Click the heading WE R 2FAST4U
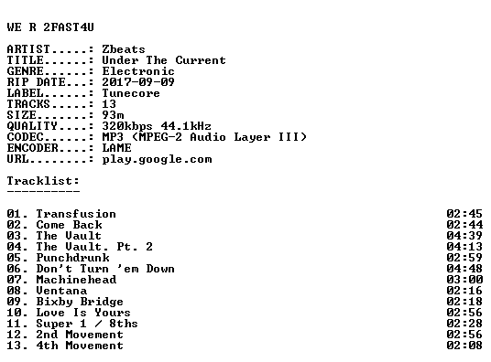pos(50,27)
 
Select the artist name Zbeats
pos(124,49)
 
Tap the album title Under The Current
pos(164,60)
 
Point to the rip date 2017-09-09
pos(138,82)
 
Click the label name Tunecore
pos(131,93)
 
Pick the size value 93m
pos(113,115)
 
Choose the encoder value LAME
pos(117,148)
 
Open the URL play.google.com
pos(157,159)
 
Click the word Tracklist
pos(41,181)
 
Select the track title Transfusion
pos(76,214)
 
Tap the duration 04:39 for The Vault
pos(464,236)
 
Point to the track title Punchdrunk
pos(73,258)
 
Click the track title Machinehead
pos(76,280)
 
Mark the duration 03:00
pos(464,280)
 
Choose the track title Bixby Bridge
pos(80,302)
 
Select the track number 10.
pos(14,313)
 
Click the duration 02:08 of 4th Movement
pos(464,346)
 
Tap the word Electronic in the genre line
pos(138,71)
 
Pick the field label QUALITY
pos(32,126)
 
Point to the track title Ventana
pos(61,291)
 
